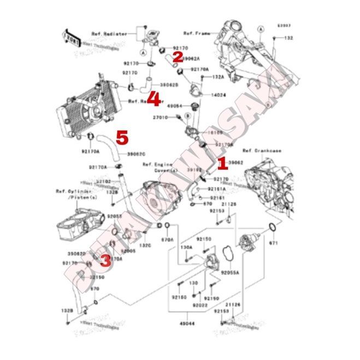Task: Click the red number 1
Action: [221, 162]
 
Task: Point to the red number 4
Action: [155, 100]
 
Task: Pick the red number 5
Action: [122, 137]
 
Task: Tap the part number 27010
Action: [160, 117]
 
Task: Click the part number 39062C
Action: [137, 155]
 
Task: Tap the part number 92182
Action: [104, 181]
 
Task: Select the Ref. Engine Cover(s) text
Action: [158, 166]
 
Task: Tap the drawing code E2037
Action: [284, 26]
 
